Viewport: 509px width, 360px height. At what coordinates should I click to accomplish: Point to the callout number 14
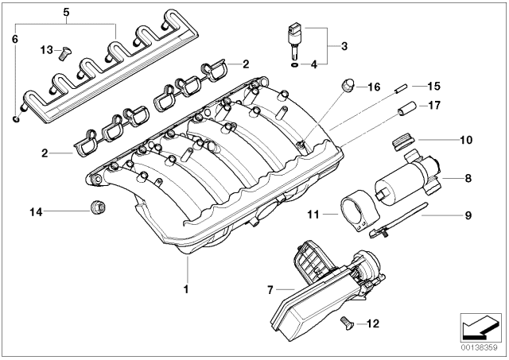pyautogui.click(x=35, y=211)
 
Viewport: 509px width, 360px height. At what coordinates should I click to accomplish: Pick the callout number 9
pyautogui.click(x=468, y=213)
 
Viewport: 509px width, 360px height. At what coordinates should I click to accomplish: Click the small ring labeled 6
pyautogui.click(x=17, y=119)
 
